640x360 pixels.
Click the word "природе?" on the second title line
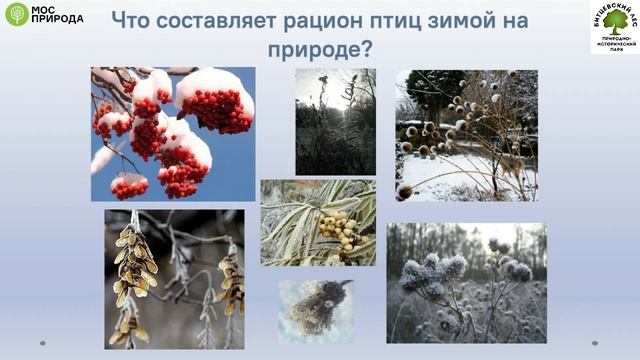pos(319,47)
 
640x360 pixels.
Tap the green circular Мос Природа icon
pos(16,14)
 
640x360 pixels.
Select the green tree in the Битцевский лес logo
pos(615,18)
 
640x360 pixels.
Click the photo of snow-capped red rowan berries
pos(172,133)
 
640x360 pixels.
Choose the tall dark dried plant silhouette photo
pos(335,121)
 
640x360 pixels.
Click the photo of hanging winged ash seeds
pos(174,278)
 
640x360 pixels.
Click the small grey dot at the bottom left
pos(42,343)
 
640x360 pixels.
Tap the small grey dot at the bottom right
pos(601,343)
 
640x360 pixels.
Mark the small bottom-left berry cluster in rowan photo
pos(128,186)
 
